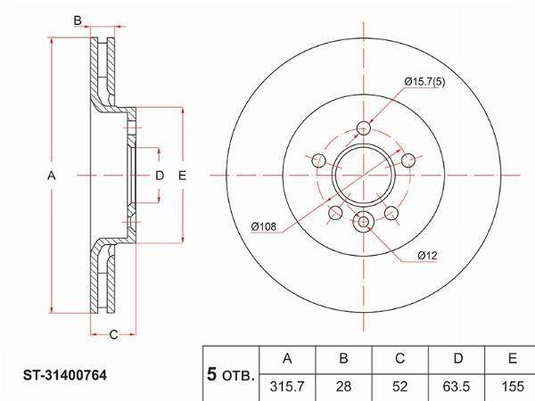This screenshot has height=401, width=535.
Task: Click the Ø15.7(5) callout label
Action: click(424, 82)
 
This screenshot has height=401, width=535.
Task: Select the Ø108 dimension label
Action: click(263, 226)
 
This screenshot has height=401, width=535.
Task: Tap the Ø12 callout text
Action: click(427, 256)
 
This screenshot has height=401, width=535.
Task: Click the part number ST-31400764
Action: click(65, 375)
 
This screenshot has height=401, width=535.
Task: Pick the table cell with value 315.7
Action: click(287, 387)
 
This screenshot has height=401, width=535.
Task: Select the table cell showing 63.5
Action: click(457, 387)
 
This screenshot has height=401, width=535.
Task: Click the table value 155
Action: click(513, 387)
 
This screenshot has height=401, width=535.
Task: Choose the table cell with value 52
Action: click(399, 387)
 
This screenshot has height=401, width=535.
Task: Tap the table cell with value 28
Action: click(343, 387)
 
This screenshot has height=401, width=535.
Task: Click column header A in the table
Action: click(287, 359)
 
